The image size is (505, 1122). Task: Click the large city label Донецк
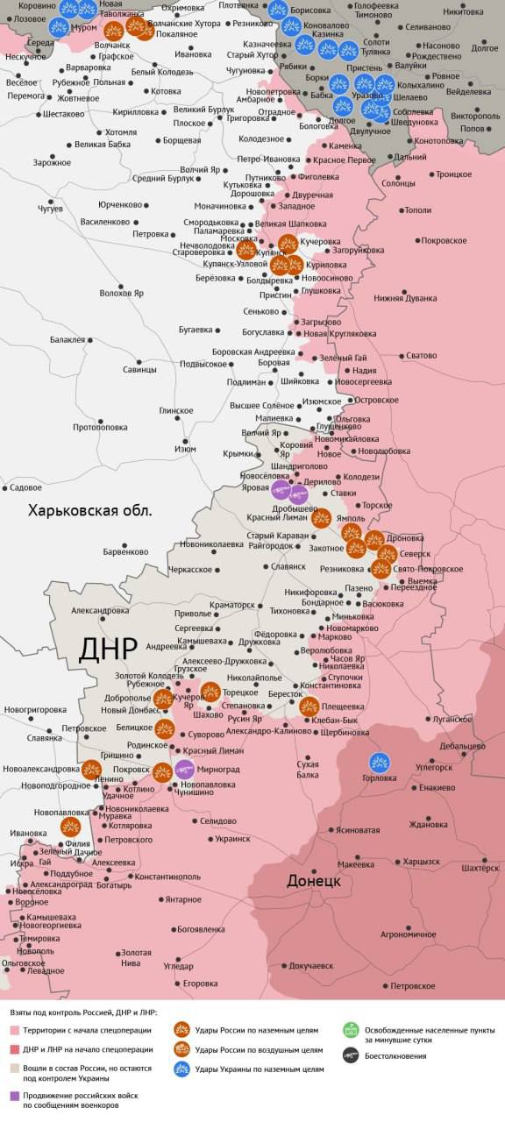(313, 880)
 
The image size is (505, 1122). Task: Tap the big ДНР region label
(108, 648)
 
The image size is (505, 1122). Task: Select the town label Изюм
(185, 449)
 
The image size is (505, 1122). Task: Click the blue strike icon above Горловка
(380, 762)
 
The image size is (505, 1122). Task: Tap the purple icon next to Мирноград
(184, 770)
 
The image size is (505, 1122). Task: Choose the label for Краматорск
(232, 605)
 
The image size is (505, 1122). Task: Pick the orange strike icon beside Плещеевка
(309, 707)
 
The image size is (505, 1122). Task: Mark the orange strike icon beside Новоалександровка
(92, 770)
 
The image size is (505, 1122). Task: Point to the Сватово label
(421, 356)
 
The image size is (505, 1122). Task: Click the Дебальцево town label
(463, 746)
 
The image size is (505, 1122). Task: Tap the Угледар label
(178, 966)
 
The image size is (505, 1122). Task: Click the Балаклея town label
(68, 339)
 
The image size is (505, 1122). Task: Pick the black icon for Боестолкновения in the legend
(351, 1055)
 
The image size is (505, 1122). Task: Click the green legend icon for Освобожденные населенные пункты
(351, 1031)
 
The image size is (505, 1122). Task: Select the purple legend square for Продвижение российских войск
(14, 1096)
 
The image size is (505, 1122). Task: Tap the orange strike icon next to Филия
(71, 827)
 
